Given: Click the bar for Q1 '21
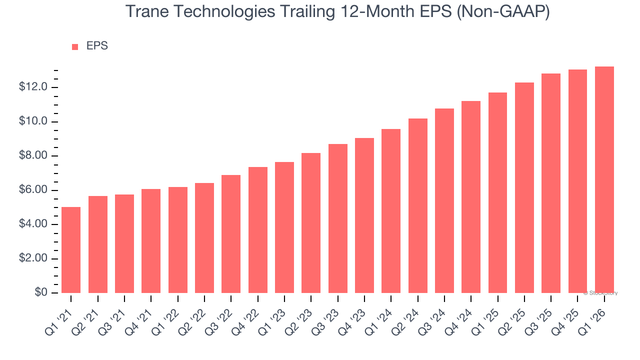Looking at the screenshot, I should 71,250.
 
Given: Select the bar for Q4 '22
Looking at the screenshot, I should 257,230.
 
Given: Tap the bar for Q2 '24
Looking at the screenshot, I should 417,205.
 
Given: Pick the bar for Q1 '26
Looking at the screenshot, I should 604,180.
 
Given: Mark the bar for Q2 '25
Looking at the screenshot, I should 524,187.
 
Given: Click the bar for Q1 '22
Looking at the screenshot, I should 177,240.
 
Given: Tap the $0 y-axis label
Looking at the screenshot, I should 40,293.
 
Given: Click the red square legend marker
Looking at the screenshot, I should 75,47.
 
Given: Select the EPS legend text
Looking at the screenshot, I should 97,46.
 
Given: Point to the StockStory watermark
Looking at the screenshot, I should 600,293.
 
